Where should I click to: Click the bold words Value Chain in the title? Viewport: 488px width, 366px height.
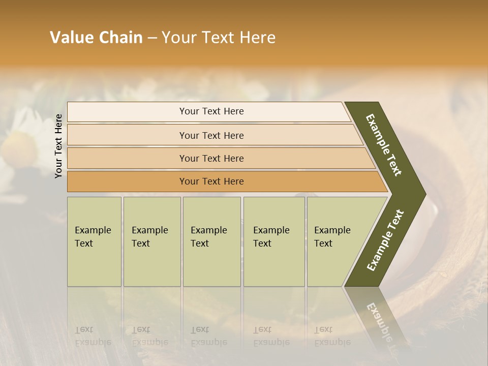coord(96,38)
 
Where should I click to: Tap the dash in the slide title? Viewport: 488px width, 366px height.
coord(152,38)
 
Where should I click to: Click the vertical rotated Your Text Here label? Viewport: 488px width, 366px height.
coord(59,146)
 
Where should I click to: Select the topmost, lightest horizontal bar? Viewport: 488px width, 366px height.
coord(211,111)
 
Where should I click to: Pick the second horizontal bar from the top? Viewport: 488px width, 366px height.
coord(211,135)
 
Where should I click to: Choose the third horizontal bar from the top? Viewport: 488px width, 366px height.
coord(211,158)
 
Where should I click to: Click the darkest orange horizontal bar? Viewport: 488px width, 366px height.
coord(211,181)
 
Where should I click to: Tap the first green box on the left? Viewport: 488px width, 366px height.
coord(94,241)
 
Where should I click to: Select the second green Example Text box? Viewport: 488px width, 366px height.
coord(151,241)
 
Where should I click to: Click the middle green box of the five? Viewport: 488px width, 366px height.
coord(211,241)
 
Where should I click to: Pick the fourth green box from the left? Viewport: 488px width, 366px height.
coord(273,241)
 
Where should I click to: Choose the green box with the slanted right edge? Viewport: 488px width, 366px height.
coord(335,241)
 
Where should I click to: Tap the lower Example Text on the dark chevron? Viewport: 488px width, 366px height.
coord(385,240)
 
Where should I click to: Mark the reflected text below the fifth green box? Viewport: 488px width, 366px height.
coord(332,336)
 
